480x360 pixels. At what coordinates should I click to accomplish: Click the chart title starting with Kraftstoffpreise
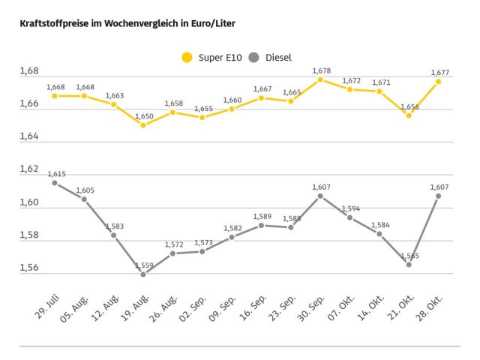127,23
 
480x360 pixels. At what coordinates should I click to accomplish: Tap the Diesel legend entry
269,57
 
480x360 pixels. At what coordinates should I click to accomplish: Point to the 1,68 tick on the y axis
28,72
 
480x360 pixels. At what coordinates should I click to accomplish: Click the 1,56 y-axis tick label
28,268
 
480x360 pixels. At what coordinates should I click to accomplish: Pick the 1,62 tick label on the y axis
28,169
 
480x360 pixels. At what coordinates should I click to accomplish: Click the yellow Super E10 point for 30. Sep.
320,79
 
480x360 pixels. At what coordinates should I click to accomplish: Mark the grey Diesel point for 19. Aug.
143,274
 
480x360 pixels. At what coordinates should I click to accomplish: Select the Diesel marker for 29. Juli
54,183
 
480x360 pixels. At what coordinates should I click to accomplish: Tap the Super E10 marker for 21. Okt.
409,115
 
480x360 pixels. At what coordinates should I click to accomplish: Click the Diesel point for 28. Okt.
438,196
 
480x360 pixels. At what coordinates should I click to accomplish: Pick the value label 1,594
351,208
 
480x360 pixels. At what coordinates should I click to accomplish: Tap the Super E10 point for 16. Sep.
261,97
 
